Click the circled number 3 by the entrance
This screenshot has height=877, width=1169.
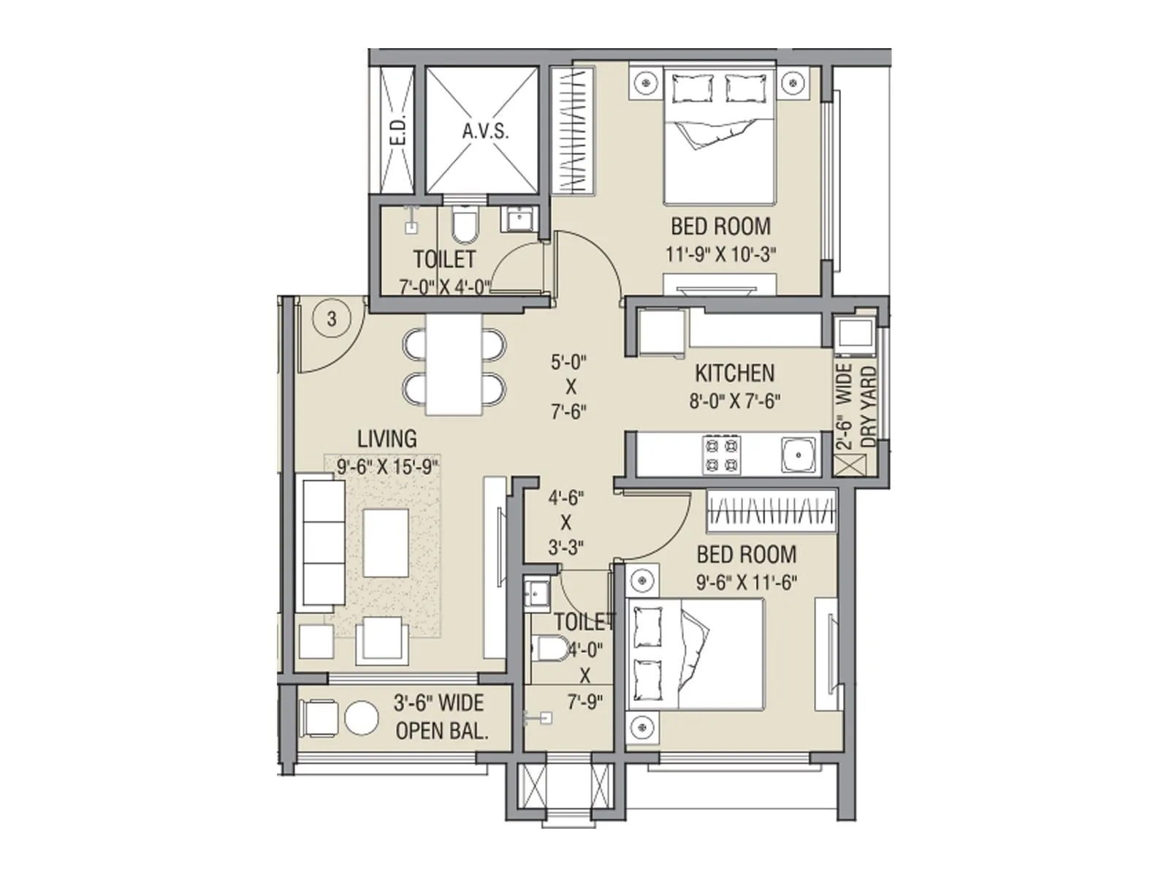(x=332, y=319)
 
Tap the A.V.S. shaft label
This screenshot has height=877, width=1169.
(x=485, y=132)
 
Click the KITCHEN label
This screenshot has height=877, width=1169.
(x=734, y=373)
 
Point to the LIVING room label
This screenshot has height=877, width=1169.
(x=387, y=438)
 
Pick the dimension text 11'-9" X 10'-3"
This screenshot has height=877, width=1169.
(x=720, y=254)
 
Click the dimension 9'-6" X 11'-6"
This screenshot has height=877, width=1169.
(x=745, y=582)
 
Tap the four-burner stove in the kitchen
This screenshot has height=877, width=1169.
(x=722, y=455)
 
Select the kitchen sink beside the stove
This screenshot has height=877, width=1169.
(x=797, y=455)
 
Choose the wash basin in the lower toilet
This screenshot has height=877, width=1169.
(x=537, y=593)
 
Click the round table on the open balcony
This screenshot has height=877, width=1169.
(x=362, y=718)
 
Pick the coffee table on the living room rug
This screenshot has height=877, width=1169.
(x=386, y=542)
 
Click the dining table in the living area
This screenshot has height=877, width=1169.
(x=454, y=364)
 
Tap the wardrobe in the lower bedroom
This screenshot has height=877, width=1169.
(x=771, y=510)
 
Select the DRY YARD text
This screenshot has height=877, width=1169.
(x=869, y=406)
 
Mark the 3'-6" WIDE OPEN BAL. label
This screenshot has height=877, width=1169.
(x=440, y=717)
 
